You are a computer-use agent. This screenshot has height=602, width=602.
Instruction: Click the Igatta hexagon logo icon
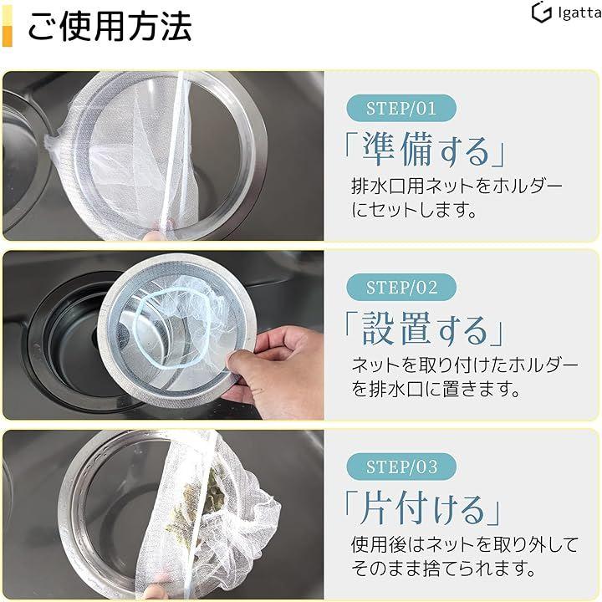[541, 12]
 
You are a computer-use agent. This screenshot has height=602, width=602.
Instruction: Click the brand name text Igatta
[579, 13]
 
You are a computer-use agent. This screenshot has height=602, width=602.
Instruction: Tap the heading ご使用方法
[110, 26]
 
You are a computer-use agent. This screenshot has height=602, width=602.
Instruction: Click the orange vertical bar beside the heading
[8, 26]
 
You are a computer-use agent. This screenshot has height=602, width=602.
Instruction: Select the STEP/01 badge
[401, 108]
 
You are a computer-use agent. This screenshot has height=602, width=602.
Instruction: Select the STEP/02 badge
[401, 287]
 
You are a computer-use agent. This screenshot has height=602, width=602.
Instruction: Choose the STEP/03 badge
[401, 467]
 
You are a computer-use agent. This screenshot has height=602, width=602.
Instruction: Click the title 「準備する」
[425, 149]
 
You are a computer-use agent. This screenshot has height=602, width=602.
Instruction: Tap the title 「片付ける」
[422, 508]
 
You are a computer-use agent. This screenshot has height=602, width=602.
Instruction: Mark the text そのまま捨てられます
[442, 569]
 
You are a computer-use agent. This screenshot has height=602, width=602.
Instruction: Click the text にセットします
[414, 210]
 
